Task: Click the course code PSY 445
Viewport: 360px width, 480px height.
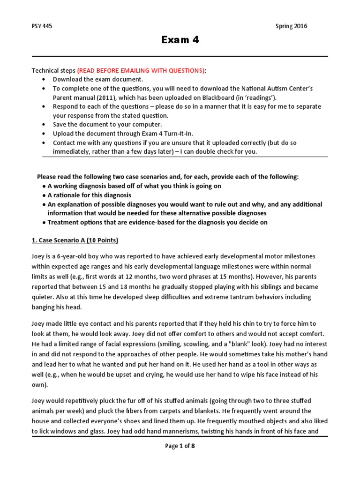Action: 42,26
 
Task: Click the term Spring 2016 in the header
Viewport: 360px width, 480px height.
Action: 291,26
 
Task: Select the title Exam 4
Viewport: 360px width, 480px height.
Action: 180,40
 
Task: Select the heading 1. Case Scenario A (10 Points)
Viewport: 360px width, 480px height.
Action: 75,240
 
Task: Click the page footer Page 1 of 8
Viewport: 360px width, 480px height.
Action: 180,446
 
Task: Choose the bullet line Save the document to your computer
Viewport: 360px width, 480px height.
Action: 107,125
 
